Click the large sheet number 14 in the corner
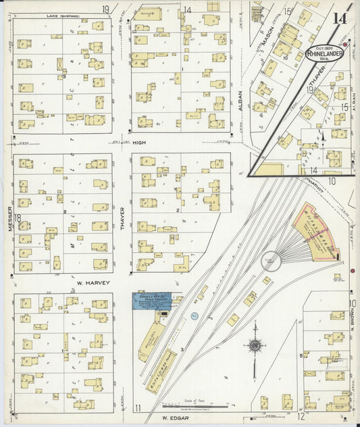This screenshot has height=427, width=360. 340,18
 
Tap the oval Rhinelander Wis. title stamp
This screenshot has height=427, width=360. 324,53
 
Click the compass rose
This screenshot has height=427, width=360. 255,347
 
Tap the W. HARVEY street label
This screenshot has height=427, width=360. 88,283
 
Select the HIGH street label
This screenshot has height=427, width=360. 138,143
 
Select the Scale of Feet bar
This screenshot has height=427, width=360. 197,407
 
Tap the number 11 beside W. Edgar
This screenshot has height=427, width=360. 137,407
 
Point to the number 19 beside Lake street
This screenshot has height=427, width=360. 106,9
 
